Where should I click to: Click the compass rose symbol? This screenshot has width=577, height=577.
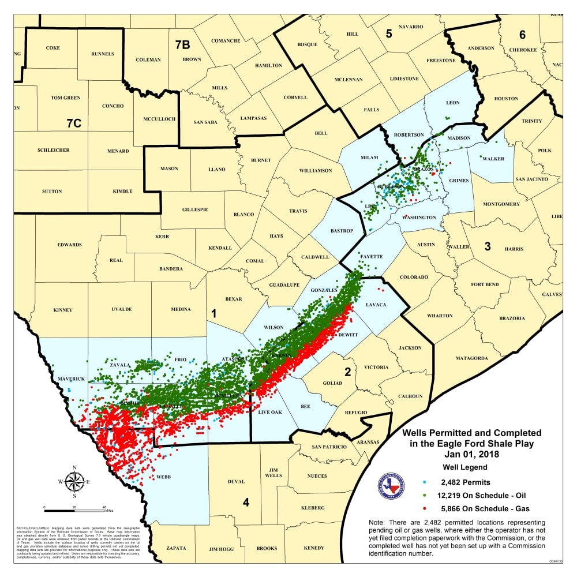[x=74, y=481]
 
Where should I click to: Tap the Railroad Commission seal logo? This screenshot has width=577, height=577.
[x=391, y=487]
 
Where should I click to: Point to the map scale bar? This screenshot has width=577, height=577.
[x=75, y=510]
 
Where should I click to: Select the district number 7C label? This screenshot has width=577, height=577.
[x=74, y=123]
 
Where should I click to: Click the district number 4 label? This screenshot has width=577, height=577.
[x=246, y=503]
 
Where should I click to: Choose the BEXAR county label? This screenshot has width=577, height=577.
[x=233, y=299]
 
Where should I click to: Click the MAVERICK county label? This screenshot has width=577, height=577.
[x=70, y=379]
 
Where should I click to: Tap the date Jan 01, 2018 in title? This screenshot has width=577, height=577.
[x=471, y=454]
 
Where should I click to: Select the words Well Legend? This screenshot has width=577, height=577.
[x=464, y=467]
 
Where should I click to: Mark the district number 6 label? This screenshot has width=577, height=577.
[x=522, y=35]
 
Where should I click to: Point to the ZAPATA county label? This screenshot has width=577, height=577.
[x=175, y=548]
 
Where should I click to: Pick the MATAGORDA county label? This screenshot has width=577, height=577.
[x=472, y=358]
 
